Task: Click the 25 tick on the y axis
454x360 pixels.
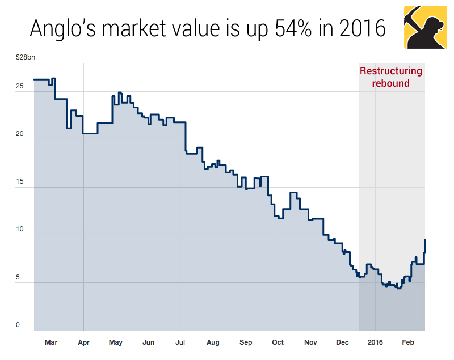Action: [x=20, y=87]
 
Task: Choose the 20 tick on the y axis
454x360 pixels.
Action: [x=20, y=134]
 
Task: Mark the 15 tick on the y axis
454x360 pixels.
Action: [x=20, y=182]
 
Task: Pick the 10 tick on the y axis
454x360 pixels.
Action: [x=20, y=230]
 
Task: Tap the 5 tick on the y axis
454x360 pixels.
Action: [x=18, y=277]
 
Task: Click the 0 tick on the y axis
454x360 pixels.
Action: [x=18, y=325]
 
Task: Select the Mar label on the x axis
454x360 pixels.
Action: [x=51, y=342]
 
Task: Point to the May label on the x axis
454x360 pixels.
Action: [x=116, y=342]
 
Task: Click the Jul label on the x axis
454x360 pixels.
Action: [x=180, y=342]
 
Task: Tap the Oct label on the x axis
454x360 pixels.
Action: [x=278, y=342]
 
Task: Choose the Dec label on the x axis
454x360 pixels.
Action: [x=343, y=342]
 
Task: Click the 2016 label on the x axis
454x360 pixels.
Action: [x=375, y=342]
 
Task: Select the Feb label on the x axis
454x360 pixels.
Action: [x=408, y=342]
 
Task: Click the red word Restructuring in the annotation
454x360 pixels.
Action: [x=391, y=71]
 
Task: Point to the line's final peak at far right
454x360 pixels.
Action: [x=425, y=240]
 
